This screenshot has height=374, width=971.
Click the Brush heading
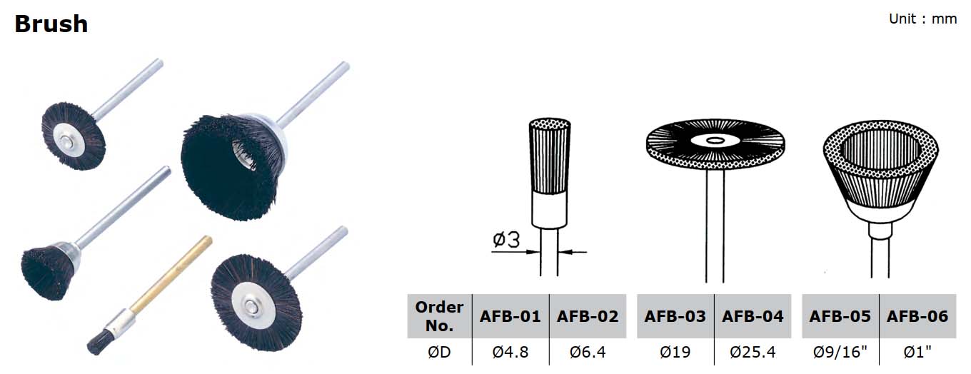tap(51, 24)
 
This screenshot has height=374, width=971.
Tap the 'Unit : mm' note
tap(922, 19)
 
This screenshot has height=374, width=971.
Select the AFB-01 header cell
tap(510, 316)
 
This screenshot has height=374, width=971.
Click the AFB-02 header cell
tap(588, 316)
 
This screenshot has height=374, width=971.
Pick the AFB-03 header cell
tap(675, 316)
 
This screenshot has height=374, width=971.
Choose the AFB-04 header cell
tap(753, 316)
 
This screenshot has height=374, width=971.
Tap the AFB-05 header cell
tap(840, 316)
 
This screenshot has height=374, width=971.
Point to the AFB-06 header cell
tap(917, 316)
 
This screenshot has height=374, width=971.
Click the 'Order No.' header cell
tap(439, 316)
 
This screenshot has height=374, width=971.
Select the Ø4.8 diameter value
tap(510, 352)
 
